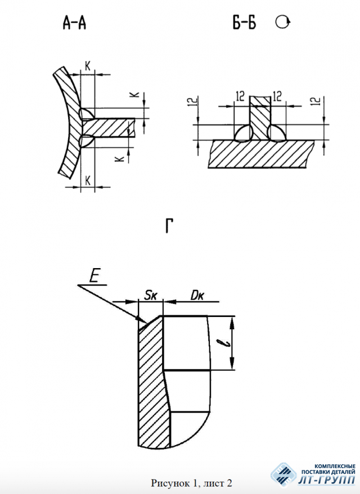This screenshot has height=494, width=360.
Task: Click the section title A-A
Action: pyautogui.click(x=74, y=23)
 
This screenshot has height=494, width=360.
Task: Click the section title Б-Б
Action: pyautogui.click(x=244, y=22)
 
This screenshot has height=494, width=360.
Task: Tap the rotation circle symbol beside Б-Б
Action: pyautogui.click(x=282, y=22)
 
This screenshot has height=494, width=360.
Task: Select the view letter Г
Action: pyautogui.click(x=169, y=226)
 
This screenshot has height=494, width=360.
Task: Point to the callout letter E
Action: pyautogui.click(x=94, y=277)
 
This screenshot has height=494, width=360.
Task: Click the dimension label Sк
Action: pyautogui.click(x=151, y=296)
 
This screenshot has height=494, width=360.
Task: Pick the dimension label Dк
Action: pyautogui.click(x=197, y=296)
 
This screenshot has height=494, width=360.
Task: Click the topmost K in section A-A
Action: pyautogui.click(x=88, y=66)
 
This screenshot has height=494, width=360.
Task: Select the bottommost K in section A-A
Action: pyautogui.click(x=88, y=181)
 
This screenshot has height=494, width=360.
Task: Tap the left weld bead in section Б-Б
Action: pyautogui.click(x=244, y=133)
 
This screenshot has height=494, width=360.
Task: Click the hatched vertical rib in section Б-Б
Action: pyautogui.click(x=260, y=118)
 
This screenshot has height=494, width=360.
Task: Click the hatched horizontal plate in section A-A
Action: pyautogui.click(x=109, y=128)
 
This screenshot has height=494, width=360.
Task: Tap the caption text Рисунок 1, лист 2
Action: pyautogui.click(x=191, y=483)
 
